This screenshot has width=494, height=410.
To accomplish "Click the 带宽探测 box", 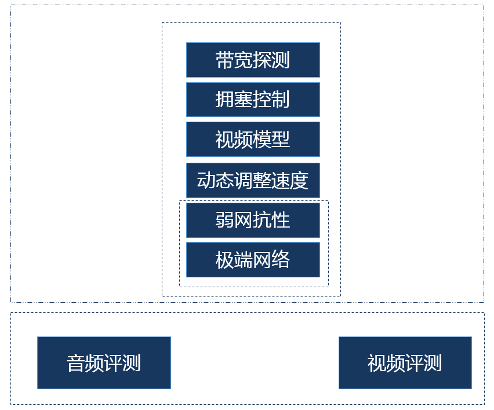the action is (x=253, y=60).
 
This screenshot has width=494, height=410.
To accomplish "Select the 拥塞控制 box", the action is (x=253, y=100).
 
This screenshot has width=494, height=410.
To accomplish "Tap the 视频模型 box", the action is (x=253, y=139).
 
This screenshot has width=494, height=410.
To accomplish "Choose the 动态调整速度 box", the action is (x=253, y=180).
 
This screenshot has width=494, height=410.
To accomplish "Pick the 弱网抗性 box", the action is (x=253, y=220).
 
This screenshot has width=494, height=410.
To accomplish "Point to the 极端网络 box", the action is (x=253, y=259).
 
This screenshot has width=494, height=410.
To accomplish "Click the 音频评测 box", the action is (x=104, y=363).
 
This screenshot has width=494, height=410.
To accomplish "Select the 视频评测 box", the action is (x=405, y=363).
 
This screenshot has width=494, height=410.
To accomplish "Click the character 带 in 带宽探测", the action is (x=225, y=60).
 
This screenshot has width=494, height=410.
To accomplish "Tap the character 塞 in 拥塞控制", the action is (x=244, y=100).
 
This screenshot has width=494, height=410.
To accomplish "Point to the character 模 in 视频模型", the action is (x=262, y=139).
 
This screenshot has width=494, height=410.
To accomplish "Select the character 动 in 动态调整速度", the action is (x=206, y=180).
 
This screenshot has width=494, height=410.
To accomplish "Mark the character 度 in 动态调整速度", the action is (x=299, y=180).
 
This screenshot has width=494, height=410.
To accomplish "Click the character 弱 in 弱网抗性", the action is (x=225, y=220).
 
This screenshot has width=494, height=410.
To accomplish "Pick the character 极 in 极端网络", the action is (x=225, y=259).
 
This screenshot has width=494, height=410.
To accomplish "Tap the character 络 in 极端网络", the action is (x=281, y=259).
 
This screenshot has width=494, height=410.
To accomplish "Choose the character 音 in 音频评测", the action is (x=76, y=363).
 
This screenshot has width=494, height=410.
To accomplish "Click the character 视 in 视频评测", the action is (x=377, y=363).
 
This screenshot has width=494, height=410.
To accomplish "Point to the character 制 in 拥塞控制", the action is (x=281, y=100).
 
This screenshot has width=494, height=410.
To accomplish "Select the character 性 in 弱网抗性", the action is (x=281, y=220).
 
